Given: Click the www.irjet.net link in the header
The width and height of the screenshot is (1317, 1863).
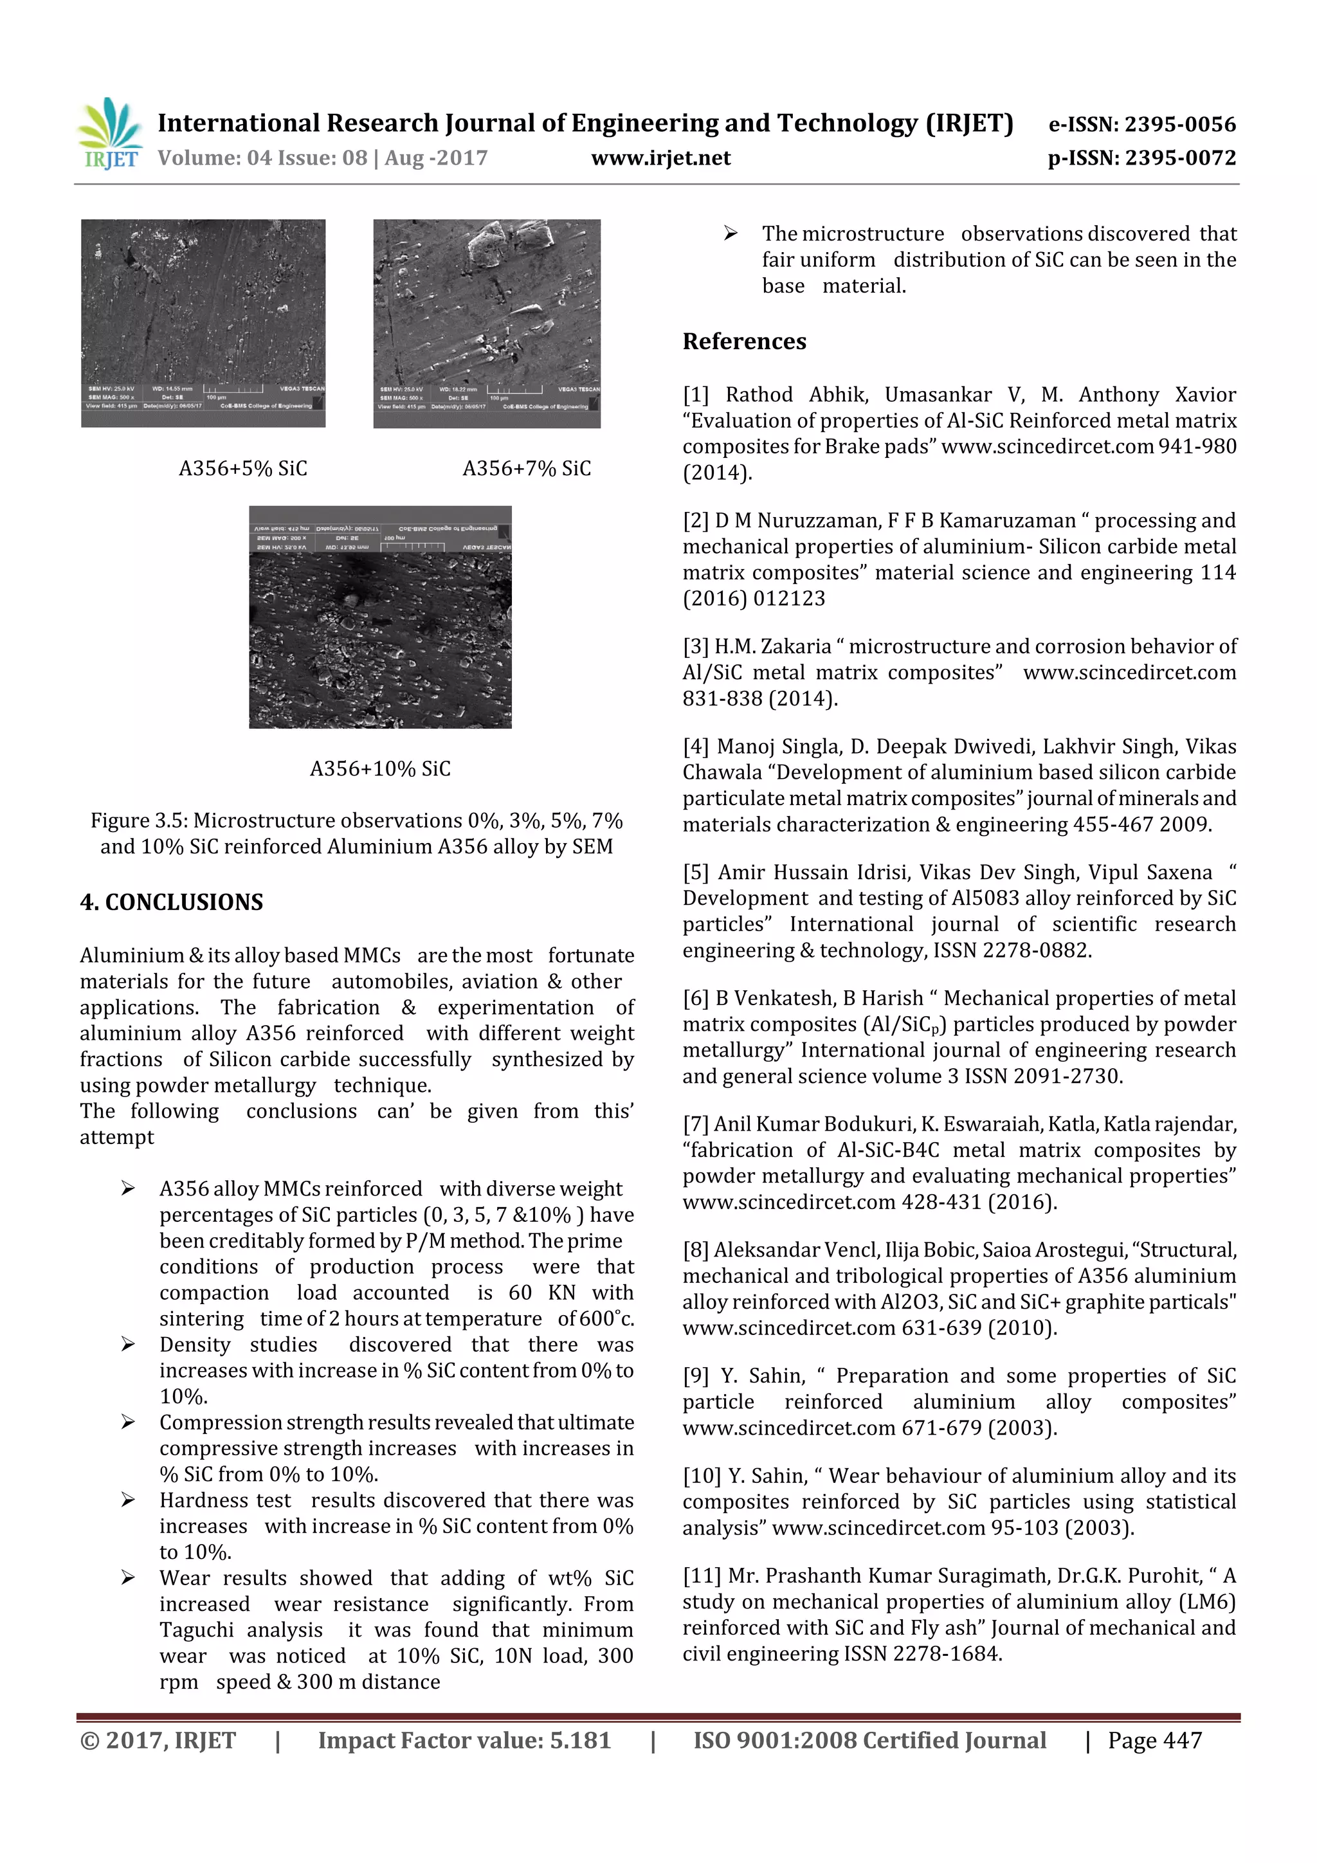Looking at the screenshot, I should pyautogui.click(x=660, y=158).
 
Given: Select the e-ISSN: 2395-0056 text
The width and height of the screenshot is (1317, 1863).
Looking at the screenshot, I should pyautogui.click(x=1141, y=124).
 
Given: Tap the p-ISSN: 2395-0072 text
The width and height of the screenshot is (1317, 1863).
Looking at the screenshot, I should pyautogui.click(x=1141, y=158).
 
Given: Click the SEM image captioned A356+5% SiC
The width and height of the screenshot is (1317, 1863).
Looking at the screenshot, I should pyautogui.click(x=203, y=322).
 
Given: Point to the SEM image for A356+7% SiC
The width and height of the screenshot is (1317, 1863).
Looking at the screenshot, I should pyautogui.click(x=487, y=322).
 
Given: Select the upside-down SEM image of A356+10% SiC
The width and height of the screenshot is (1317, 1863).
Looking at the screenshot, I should pyautogui.click(x=380, y=617).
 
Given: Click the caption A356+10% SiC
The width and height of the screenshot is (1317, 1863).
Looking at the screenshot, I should pyautogui.click(x=380, y=768).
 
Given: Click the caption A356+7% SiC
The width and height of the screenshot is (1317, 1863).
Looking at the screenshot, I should pyautogui.click(x=527, y=468).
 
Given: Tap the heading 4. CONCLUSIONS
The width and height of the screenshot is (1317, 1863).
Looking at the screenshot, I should pyautogui.click(x=171, y=902).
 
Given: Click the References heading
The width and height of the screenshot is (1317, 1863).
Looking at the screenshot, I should pyautogui.click(x=744, y=341).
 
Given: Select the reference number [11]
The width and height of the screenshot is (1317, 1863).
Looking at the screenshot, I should pyautogui.click(x=701, y=1576).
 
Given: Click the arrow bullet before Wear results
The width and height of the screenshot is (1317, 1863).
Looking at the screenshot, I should pyautogui.click(x=127, y=1577).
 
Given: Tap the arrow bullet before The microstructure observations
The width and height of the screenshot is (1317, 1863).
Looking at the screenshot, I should pyautogui.click(x=731, y=233).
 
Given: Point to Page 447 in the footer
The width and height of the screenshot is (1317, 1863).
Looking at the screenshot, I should pyautogui.click(x=1155, y=1740).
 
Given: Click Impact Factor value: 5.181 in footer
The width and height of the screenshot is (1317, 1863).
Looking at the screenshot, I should pyautogui.click(x=464, y=1740).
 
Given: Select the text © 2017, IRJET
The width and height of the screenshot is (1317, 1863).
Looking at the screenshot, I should pyautogui.click(x=158, y=1740).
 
